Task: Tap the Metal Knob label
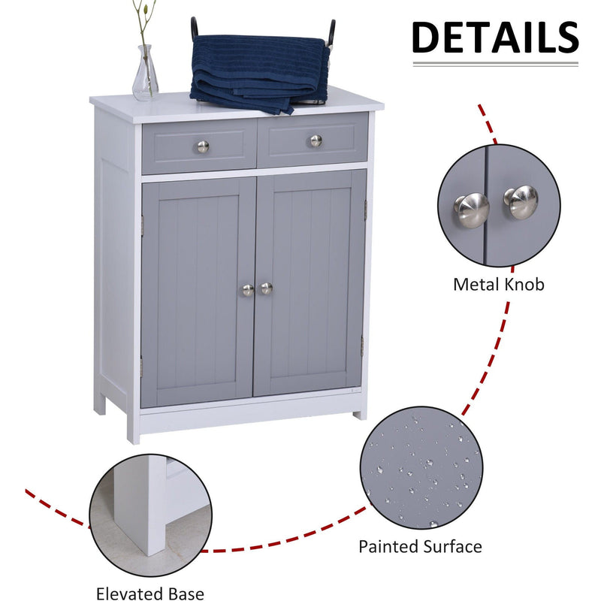498,285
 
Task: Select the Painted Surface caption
420,546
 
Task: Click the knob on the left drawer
203,146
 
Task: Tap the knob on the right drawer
316,141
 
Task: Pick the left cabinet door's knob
248,290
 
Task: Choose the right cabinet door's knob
266,288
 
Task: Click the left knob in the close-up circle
472,208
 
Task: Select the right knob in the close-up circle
521,201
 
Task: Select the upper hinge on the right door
365,210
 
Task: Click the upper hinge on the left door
141,224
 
